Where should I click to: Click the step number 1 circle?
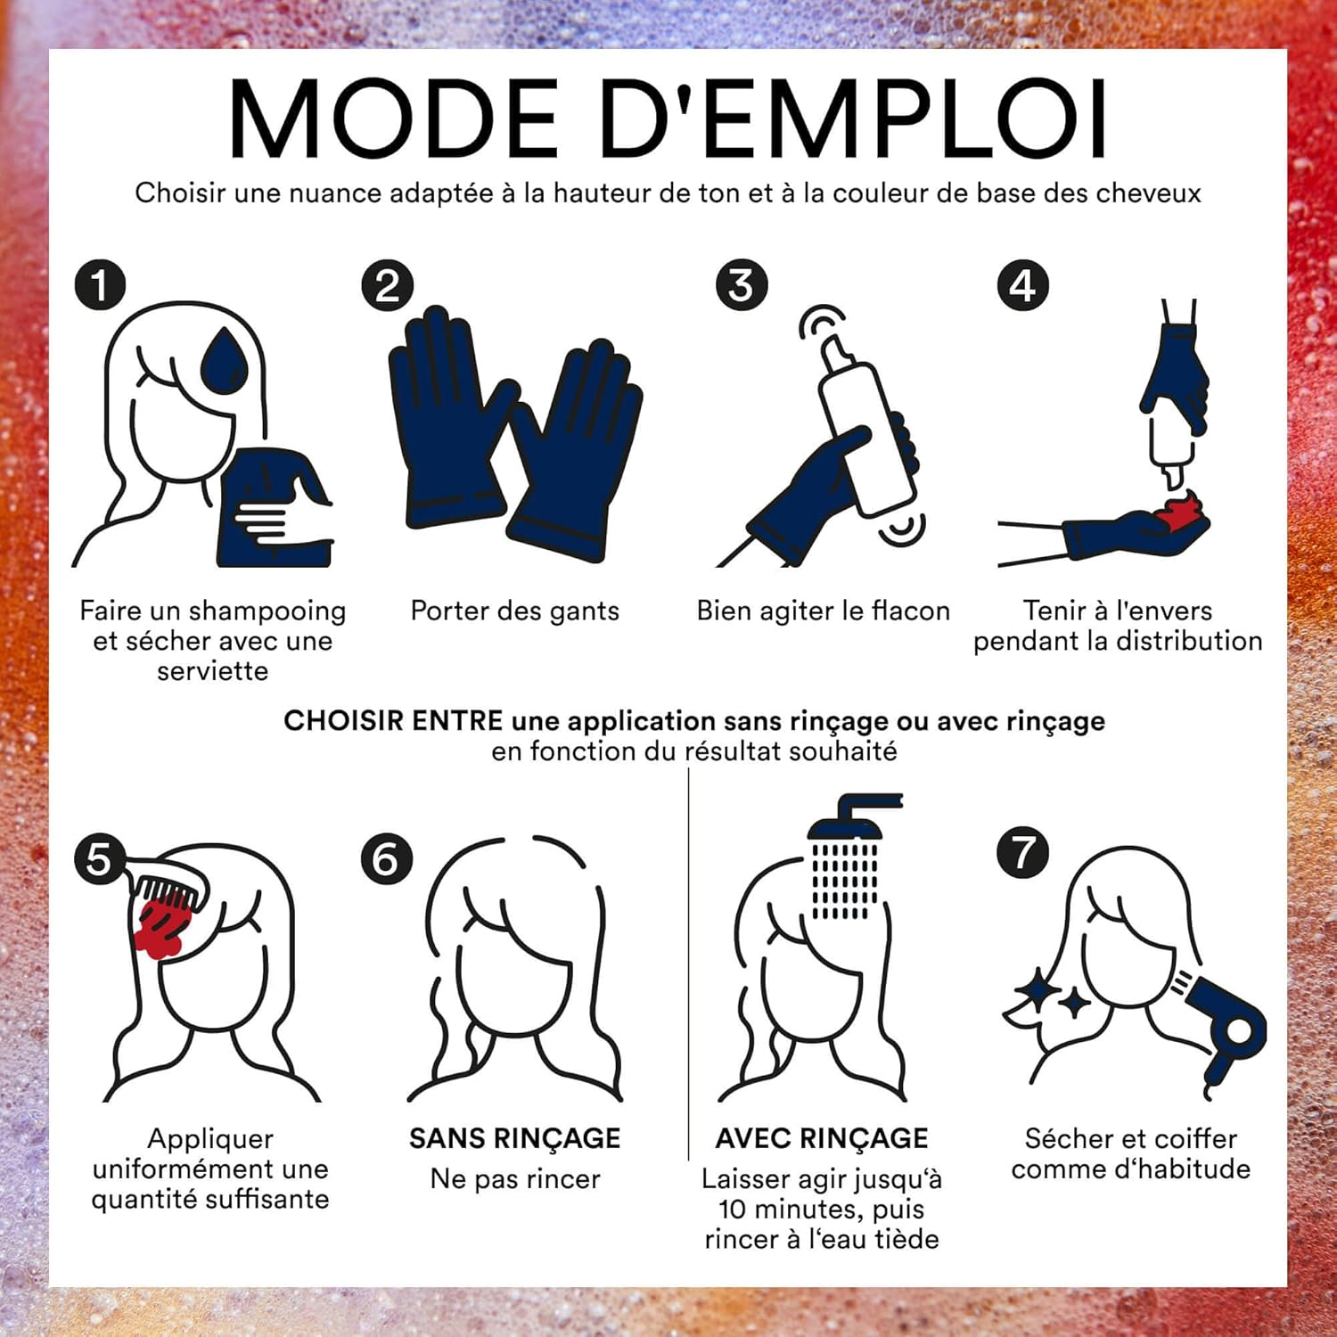click(x=101, y=285)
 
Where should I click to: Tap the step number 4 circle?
click(x=1023, y=285)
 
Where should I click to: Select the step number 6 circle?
click(x=386, y=859)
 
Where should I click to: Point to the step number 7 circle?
click(x=1023, y=852)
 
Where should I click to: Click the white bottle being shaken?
click(x=865, y=428)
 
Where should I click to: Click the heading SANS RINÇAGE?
click(x=515, y=1138)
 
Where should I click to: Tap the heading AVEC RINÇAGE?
click(x=822, y=1138)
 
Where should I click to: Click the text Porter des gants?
click(x=515, y=611)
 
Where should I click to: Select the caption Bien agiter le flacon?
click(x=824, y=611)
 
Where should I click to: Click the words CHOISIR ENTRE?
click(x=394, y=720)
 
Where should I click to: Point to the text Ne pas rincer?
click(x=515, y=1179)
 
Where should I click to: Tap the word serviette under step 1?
click(x=213, y=670)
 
